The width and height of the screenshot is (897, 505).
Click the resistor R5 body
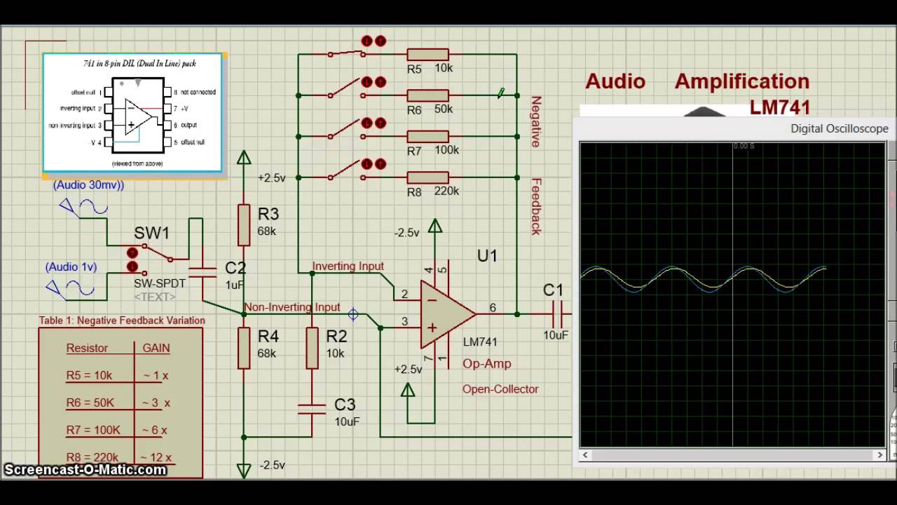coord(427,55)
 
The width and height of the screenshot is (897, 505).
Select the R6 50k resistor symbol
coord(427,95)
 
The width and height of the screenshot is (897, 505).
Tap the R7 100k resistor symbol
coord(427,136)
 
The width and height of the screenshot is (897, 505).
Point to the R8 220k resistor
coord(427,177)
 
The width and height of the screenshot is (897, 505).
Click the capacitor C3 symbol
coord(313,409)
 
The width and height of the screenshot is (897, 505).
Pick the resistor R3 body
coord(244,225)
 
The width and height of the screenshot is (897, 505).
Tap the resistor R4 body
coord(244,348)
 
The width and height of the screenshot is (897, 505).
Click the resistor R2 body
coord(313,348)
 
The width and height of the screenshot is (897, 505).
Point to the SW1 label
coord(151,233)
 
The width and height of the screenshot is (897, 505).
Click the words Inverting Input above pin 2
coord(348,267)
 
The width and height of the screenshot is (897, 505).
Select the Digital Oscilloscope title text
coord(839,129)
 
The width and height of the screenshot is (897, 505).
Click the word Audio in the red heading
coord(615,81)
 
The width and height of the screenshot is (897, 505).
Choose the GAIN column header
coord(156,348)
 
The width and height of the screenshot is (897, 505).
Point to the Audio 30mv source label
coord(88,185)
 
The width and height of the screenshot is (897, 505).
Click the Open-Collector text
coord(500,389)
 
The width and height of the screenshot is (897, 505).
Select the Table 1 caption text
coord(122,321)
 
